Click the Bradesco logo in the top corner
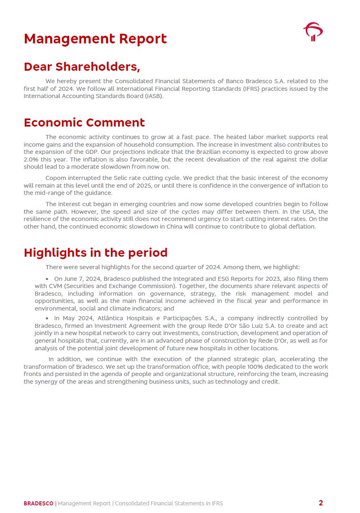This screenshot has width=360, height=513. point(313,32)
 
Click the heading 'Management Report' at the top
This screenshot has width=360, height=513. point(95,39)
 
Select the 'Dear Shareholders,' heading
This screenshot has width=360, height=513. point(82,66)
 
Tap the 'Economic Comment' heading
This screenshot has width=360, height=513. point(84,122)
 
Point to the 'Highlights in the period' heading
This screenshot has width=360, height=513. point(95,252)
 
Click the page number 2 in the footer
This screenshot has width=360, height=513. point(321,503)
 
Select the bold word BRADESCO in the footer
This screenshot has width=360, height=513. point(38,503)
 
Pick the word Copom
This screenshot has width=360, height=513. point(55,178)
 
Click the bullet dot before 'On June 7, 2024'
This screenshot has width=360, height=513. point(47,279)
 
